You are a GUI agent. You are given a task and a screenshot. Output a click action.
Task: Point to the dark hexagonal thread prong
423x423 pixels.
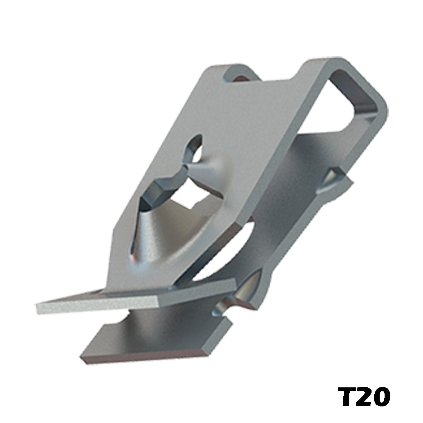(x=160, y=189)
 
